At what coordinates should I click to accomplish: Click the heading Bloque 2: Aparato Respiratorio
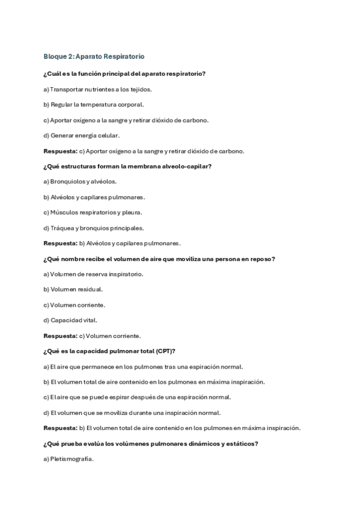(x=93, y=57)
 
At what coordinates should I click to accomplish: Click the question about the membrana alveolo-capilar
(x=131, y=166)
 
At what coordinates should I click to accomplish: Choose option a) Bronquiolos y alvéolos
(x=80, y=181)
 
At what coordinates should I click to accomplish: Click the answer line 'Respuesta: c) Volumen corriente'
(x=92, y=336)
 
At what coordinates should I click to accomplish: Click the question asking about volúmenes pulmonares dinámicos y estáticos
(x=151, y=443)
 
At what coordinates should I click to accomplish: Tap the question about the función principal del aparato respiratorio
(x=125, y=73)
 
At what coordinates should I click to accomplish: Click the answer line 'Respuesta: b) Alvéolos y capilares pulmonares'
(x=112, y=243)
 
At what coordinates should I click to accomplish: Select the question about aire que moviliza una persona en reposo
(x=159, y=259)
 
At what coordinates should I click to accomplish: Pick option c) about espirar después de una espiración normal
(x=137, y=397)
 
